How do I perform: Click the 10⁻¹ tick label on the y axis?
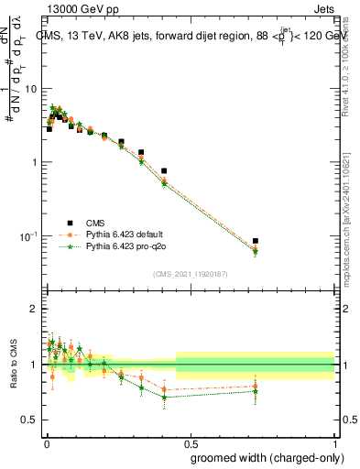coord(28,236)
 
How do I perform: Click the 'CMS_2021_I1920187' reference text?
coord(190,274)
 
